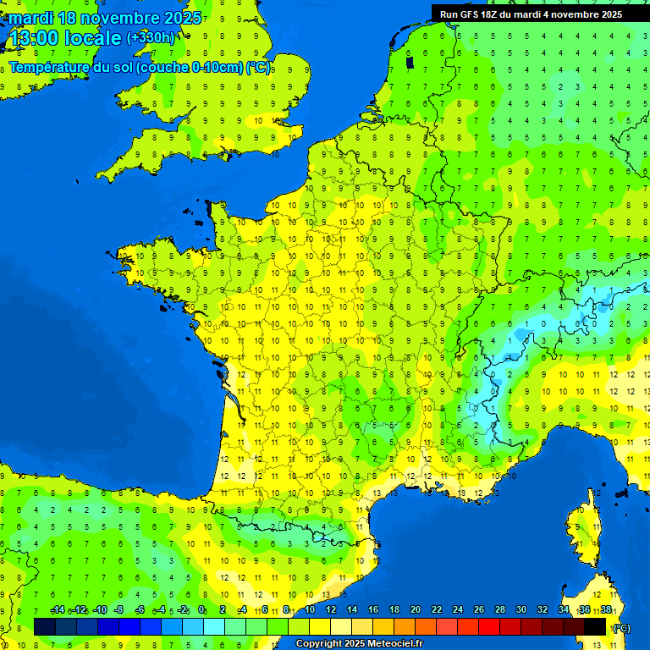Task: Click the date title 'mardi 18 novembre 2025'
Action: click(x=105, y=18)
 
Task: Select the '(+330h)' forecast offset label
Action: click(x=151, y=38)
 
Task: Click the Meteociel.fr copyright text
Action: click(x=359, y=643)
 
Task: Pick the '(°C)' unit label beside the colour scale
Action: click(x=621, y=627)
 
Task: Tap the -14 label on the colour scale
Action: click(x=58, y=610)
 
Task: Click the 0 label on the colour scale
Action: click(x=201, y=610)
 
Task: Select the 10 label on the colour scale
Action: click(x=309, y=610)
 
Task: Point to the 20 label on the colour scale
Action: click(x=415, y=610)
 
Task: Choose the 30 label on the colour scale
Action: click(x=521, y=610)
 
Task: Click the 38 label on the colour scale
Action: click(x=606, y=610)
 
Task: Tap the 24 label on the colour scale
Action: click(x=457, y=610)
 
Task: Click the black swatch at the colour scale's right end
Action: click(x=595, y=626)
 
